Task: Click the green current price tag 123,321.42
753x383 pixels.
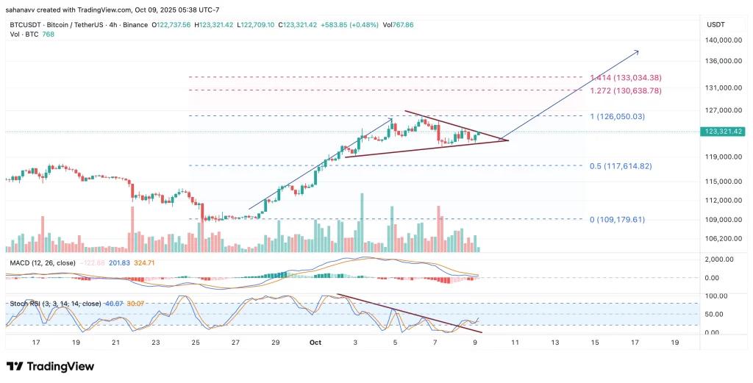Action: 722,131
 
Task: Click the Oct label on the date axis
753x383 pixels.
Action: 315,343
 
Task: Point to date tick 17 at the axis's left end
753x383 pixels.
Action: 36,343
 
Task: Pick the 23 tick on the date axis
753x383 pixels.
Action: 155,343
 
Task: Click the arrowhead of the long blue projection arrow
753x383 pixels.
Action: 636,51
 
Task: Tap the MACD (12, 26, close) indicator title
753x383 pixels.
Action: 42,262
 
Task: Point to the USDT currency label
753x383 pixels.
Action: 715,24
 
